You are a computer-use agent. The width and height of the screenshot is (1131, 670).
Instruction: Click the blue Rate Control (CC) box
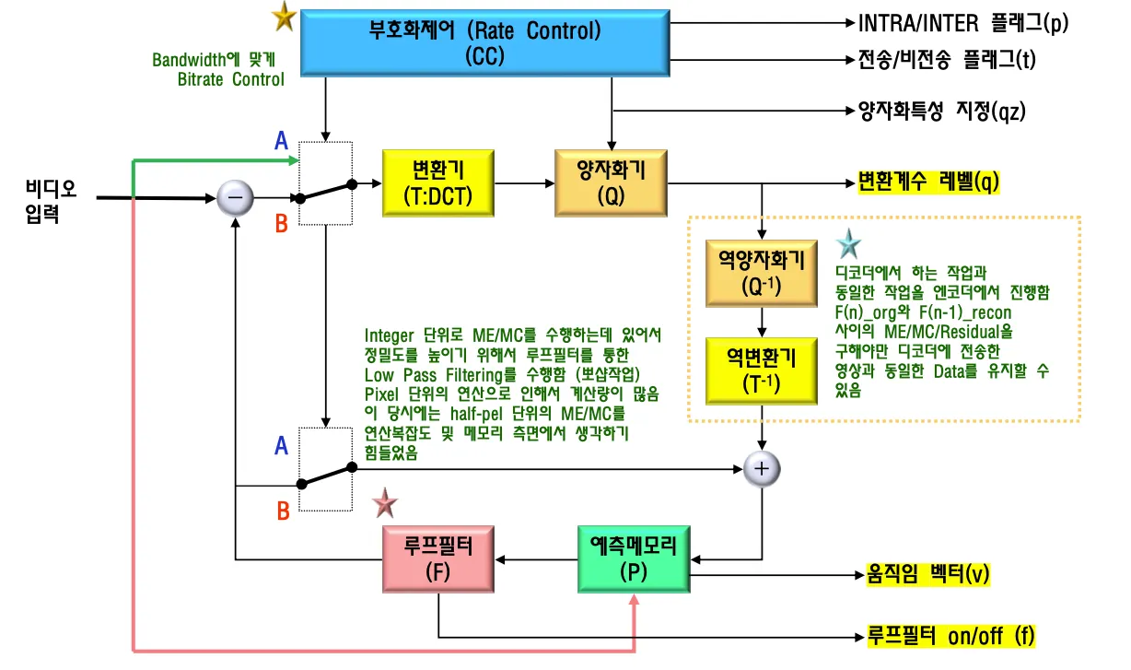(x=484, y=42)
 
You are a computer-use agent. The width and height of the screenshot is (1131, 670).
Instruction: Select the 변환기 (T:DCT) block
(x=437, y=183)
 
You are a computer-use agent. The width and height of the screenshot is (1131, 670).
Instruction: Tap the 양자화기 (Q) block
(x=612, y=183)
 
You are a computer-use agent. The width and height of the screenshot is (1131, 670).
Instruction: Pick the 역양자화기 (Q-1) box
(x=761, y=273)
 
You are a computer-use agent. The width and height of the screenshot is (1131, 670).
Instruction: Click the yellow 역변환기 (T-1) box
(x=761, y=370)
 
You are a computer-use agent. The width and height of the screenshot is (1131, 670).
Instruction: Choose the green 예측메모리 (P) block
(x=634, y=558)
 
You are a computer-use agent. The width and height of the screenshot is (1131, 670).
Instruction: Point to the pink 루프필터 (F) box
(x=438, y=558)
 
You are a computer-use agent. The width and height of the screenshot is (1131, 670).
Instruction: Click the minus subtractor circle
(x=235, y=197)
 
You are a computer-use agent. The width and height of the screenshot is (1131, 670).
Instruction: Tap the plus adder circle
(x=762, y=468)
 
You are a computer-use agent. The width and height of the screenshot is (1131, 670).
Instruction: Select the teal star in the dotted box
(x=847, y=245)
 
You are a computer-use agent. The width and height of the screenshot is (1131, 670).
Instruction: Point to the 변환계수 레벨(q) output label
(x=928, y=182)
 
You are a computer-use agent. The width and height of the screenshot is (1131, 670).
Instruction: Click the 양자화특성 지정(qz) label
(x=942, y=112)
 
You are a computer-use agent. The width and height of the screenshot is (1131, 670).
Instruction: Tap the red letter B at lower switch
(x=284, y=509)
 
